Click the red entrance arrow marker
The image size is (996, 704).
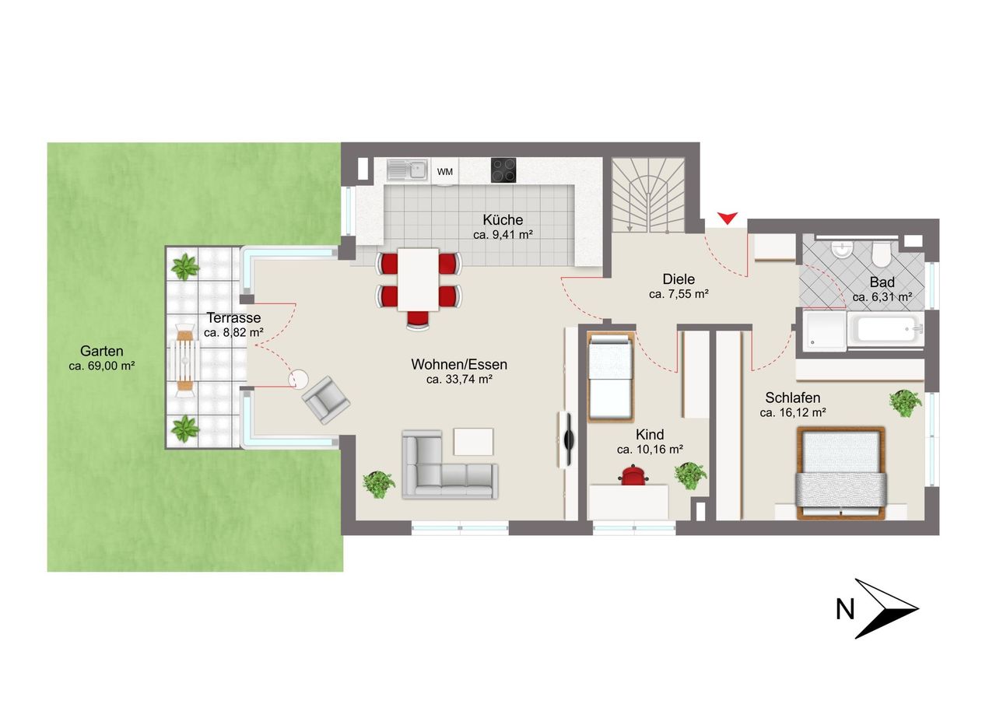tap(727, 219)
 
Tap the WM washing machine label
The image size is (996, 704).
tap(444, 172)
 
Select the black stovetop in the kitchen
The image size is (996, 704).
tap(503, 170)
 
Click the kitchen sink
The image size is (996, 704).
tap(407, 170)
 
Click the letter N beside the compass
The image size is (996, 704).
tap(845, 609)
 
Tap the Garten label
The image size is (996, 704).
tap(101, 351)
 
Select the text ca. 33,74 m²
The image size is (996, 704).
tap(459, 380)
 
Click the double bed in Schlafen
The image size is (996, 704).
tap(840, 473)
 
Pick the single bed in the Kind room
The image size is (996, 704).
tap(611, 377)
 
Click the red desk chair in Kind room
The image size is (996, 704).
tap(633, 475)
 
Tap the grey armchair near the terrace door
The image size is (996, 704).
tap(326, 400)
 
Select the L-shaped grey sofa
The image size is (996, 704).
tap(449, 464)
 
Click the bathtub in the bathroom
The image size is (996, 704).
tap(886, 330)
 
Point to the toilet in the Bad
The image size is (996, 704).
tap(880, 253)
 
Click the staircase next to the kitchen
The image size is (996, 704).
tap(648, 195)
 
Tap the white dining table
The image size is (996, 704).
tap(418, 279)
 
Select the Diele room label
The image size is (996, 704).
tap(679, 279)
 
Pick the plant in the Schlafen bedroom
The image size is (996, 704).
tap(905, 403)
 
